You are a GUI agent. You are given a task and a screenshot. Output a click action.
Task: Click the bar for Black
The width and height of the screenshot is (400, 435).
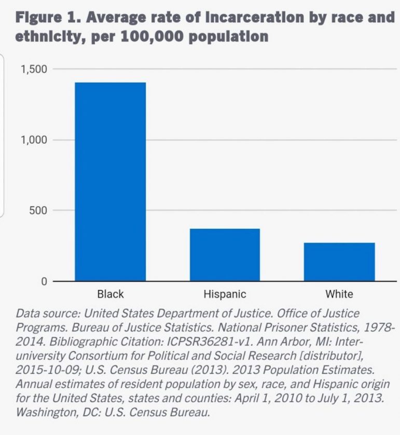click(110, 181)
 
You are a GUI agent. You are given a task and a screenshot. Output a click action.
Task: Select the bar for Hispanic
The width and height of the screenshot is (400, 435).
click(225, 255)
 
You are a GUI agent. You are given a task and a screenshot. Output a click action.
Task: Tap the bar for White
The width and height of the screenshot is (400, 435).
click(339, 262)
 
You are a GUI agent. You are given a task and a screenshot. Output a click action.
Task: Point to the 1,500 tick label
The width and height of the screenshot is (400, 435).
click(34, 69)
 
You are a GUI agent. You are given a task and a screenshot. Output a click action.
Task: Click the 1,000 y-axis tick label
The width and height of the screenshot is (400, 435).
click(34, 140)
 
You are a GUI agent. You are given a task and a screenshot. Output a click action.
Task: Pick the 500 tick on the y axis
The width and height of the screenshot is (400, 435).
click(38, 210)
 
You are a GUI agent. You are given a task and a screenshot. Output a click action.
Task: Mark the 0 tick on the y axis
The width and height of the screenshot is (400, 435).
click(44, 281)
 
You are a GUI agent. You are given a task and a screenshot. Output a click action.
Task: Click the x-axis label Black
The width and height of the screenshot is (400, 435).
click(111, 294)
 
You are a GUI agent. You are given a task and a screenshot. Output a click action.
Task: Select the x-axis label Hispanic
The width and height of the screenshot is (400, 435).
click(225, 294)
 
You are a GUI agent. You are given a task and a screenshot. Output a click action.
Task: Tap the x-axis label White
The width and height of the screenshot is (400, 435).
click(339, 294)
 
